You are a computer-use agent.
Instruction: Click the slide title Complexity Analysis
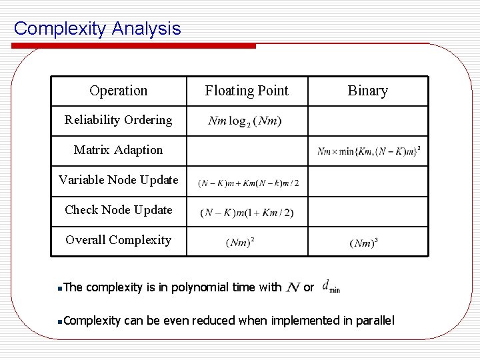[97, 29]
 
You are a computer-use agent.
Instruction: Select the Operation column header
[118, 91]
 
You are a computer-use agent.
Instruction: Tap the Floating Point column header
[247, 91]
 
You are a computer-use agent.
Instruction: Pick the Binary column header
[367, 91]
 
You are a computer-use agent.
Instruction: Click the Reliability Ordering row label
[118, 120]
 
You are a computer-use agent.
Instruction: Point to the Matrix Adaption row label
[118, 150]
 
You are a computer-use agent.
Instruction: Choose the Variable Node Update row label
[118, 180]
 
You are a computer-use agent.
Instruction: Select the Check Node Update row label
[118, 210]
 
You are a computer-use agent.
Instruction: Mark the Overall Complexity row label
[118, 240]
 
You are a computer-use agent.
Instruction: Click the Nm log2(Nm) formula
[245, 121]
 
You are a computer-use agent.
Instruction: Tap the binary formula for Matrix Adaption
[369, 151]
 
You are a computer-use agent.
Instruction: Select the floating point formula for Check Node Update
[247, 213]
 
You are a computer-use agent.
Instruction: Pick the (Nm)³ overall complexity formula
[363, 243]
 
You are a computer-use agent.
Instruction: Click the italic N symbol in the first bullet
[292, 287]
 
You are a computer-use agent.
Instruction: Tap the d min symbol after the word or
[331, 287]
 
